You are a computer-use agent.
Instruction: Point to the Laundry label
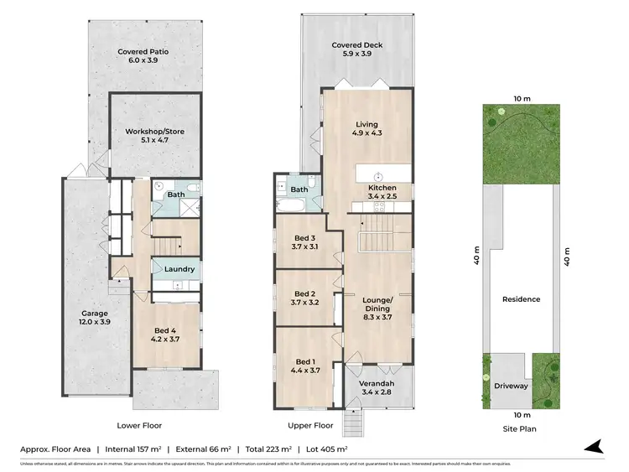[x=179, y=269]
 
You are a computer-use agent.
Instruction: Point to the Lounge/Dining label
[x=377, y=304]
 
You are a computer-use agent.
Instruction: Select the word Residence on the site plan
[x=521, y=299]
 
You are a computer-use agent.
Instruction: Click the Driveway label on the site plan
[x=509, y=386]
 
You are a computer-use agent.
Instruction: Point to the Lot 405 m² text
[x=323, y=449]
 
